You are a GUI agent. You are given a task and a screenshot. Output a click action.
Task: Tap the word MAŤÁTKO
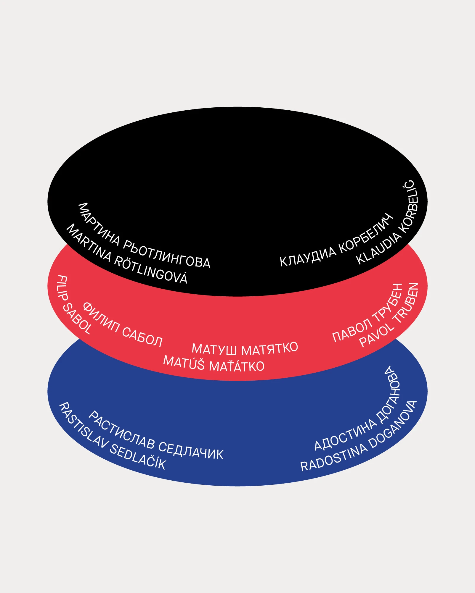coord(237,366)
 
